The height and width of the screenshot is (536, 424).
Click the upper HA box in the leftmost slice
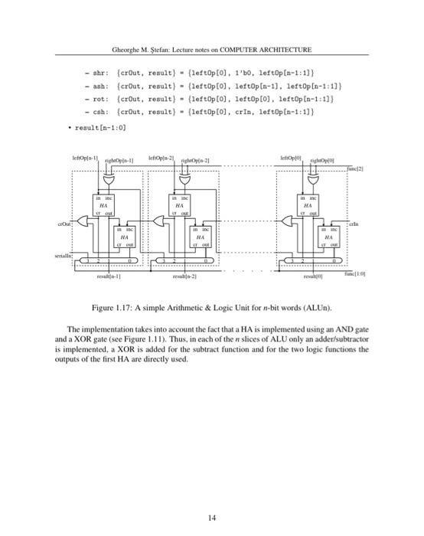point(103,205)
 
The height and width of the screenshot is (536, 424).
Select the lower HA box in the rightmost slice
point(328,237)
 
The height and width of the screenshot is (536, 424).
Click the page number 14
point(212,497)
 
